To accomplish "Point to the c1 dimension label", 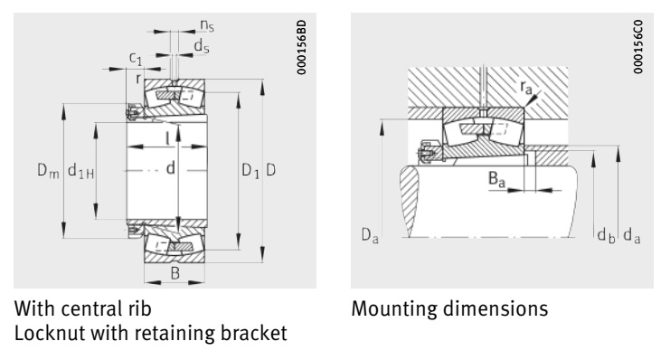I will coord(135,58).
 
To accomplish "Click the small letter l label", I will coord(166,137).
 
